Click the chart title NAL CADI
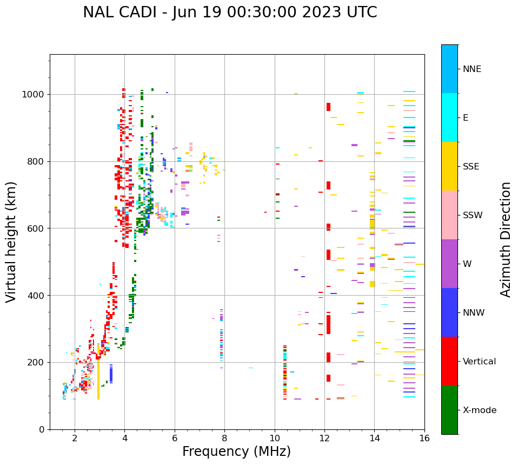point(230,12)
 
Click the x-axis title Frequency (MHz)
point(236,452)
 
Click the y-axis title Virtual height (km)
point(11,242)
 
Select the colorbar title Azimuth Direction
point(506,239)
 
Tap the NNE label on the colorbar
point(472,69)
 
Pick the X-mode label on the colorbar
point(480,410)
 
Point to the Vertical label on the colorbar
point(480,362)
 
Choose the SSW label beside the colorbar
point(473,215)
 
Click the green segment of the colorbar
point(449,410)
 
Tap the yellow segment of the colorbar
point(449,166)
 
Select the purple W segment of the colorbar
point(449,264)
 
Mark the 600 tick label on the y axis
point(38,228)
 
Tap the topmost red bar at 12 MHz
point(328,107)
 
